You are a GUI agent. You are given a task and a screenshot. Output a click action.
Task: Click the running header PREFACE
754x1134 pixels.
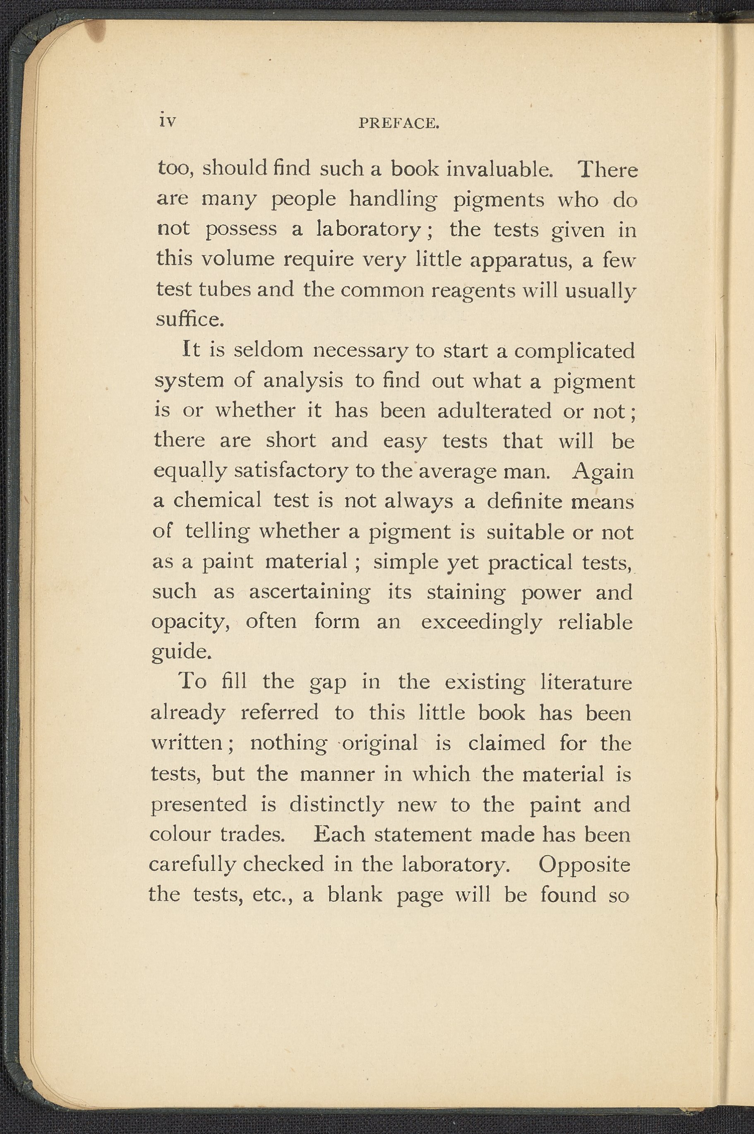click(399, 124)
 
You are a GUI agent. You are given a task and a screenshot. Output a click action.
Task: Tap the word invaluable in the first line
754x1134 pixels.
click(498, 169)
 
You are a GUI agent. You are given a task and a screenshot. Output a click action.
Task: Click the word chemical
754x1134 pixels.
click(217, 501)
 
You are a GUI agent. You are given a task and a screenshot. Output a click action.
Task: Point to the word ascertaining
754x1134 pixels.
click(310, 592)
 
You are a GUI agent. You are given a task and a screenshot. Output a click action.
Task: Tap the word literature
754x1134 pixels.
click(586, 682)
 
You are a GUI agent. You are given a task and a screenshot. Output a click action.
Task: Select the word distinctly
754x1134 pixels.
click(336, 804)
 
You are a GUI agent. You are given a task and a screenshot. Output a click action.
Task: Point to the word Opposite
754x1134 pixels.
click(584, 864)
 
